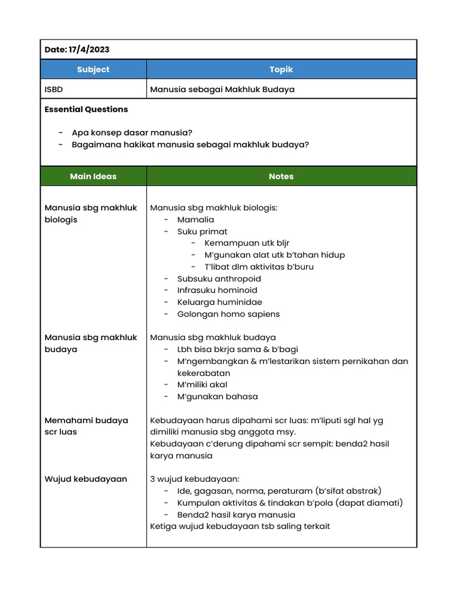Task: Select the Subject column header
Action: (x=93, y=69)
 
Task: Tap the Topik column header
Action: (x=281, y=69)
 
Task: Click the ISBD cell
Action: (x=54, y=89)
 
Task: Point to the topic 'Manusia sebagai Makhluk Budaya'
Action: (x=222, y=89)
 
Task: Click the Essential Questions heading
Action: (x=86, y=109)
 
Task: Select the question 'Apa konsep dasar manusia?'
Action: (x=132, y=133)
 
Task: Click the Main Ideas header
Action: (x=93, y=176)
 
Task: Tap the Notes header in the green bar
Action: (x=281, y=176)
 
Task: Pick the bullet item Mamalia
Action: (x=195, y=219)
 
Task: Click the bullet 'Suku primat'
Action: (x=202, y=231)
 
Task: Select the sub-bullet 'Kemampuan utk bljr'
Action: (x=246, y=243)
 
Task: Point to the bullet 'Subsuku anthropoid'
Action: (x=219, y=279)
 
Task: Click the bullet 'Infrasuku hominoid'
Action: (x=217, y=290)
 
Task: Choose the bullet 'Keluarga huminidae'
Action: (x=219, y=302)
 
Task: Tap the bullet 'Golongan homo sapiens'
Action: (x=228, y=314)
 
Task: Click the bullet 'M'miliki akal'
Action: (x=202, y=385)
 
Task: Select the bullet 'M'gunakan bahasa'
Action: (x=218, y=396)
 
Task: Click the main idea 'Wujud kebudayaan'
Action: (x=86, y=479)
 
